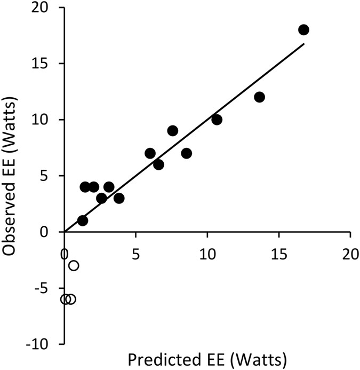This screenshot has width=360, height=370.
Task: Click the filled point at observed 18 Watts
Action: click(304, 30)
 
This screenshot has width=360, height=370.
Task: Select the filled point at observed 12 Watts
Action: click(259, 97)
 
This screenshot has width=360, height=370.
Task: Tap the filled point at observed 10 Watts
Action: click(217, 120)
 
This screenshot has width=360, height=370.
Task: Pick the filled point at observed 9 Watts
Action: click(173, 131)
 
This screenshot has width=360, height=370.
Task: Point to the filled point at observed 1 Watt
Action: click(83, 221)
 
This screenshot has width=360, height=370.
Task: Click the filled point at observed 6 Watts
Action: click(158, 164)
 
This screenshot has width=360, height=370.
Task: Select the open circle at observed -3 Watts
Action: click(74, 265)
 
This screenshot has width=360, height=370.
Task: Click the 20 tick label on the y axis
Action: click(46, 8)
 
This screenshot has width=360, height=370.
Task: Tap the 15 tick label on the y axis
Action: click(46, 64)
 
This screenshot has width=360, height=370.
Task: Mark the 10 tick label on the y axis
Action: click(46, 120)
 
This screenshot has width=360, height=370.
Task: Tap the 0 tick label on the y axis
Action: click(51, 232)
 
